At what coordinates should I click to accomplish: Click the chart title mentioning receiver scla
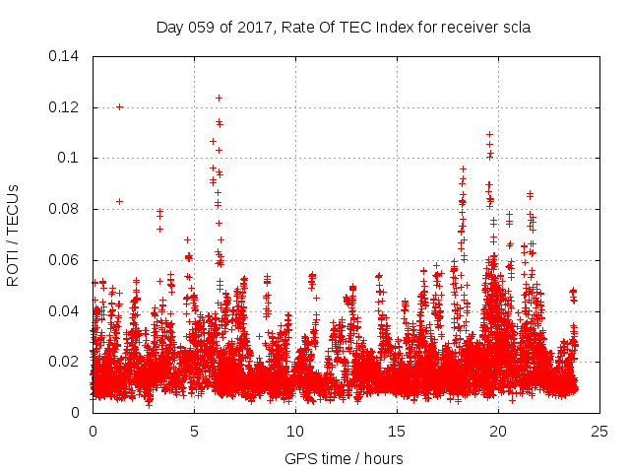pyautogui.click(x=344, y=28)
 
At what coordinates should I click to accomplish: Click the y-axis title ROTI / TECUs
pyautogui.click(x=14, y=235)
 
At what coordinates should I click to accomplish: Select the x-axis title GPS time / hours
pyautogui.click(x=344, y=458)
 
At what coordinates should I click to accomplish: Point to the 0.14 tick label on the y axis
pyautogui.click(x=66, y=56)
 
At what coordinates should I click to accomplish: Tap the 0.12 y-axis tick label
pyautogui.click(x=66, y=107)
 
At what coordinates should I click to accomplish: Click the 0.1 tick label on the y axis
pyautogui.click(x=71, y=158)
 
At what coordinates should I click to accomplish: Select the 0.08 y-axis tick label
pyautogui.click(x=66, y=209)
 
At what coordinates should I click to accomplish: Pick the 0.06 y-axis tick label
pyautogui.click(x=66, y=260)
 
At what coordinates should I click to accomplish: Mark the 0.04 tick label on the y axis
pyautogui.click(x=66, y=311)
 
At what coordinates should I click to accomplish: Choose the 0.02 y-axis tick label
pyautogui.click(x=66, y=363)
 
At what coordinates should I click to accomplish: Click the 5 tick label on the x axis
pyautogui.click(x=194, y=432)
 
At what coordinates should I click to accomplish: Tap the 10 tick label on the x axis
pyautogui.click(x=295, y=432)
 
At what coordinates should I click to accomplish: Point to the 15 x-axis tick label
pyautogui.click(x=397, y=432)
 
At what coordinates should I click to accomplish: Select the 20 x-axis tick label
pyautogui.click(x=498, y=432)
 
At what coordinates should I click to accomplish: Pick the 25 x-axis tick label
pyautogui.click(x=599, y=432)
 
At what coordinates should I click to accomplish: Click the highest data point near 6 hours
pyautogui.click(x=219, y=98)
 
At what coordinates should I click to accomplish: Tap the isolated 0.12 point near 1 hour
pyautogui.click(x=119, y=106)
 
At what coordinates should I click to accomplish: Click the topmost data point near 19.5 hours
pyautogui.click(x=489, y=134)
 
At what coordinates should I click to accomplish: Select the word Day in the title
pyautogui.click(x=169, y=28)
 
